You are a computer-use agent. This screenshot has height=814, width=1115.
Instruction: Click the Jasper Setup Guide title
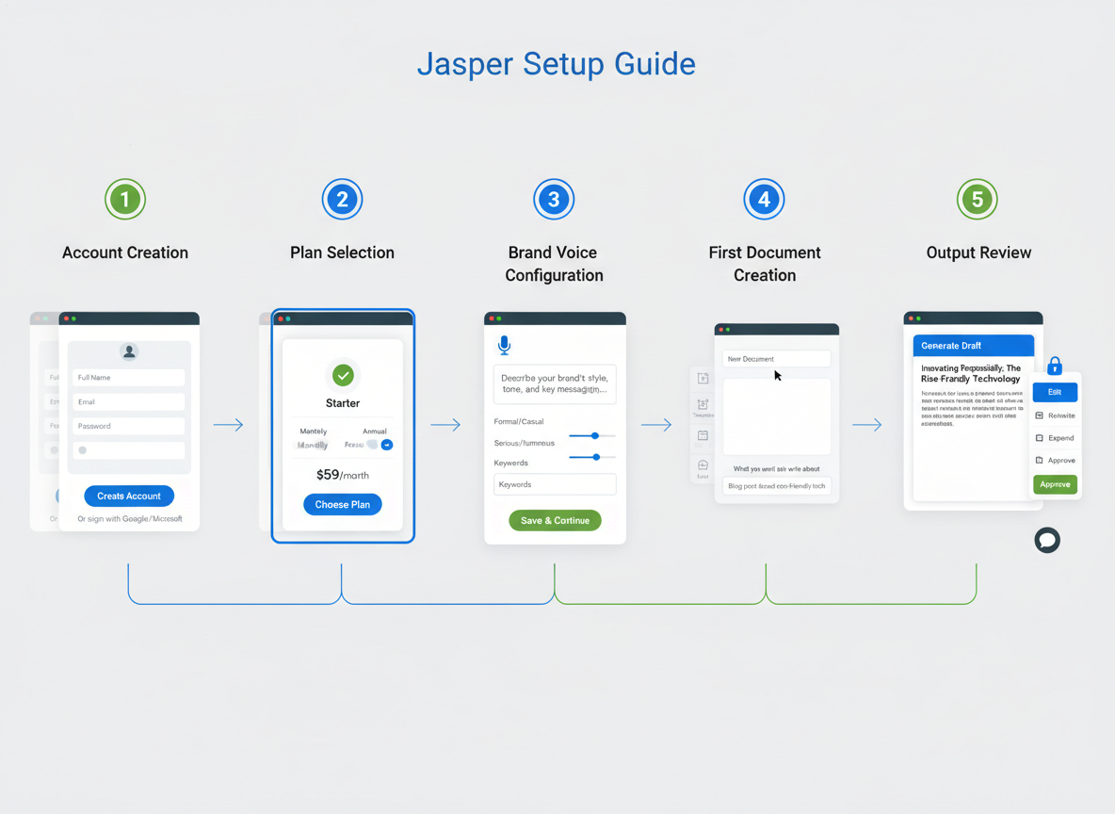coord(556,64)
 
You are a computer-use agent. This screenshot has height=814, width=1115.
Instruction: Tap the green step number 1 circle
coord(125,200)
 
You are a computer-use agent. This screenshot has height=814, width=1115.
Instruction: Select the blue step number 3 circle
coord(554,200)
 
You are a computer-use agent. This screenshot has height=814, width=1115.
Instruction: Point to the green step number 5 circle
coord(978,200)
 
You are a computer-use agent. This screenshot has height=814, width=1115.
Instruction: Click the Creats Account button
coord(129,496)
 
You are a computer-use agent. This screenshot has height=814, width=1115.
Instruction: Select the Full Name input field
coord(129,378)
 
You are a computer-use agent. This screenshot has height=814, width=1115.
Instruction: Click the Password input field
coord(129,426)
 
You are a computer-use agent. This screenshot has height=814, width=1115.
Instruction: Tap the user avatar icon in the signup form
coord(129,351)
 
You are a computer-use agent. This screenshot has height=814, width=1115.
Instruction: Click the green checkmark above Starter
coord(343,375)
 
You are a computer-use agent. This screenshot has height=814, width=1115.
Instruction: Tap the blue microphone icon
coord(505,346)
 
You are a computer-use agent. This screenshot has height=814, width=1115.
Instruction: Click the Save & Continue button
coord(555,520)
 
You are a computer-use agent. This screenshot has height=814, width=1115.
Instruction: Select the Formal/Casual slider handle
coord(595,435)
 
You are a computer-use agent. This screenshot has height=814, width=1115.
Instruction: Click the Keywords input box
coord(555,484)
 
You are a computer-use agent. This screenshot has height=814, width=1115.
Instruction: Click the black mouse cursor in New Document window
coord(778,375)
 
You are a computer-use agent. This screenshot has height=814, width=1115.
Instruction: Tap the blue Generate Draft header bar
coord(974,346)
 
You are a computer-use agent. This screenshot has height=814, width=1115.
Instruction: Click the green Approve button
coord(1055,484)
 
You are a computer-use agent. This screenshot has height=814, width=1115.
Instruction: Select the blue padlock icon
coord(1055,366)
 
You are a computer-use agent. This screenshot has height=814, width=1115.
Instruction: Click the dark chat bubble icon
coord(1047,540)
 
